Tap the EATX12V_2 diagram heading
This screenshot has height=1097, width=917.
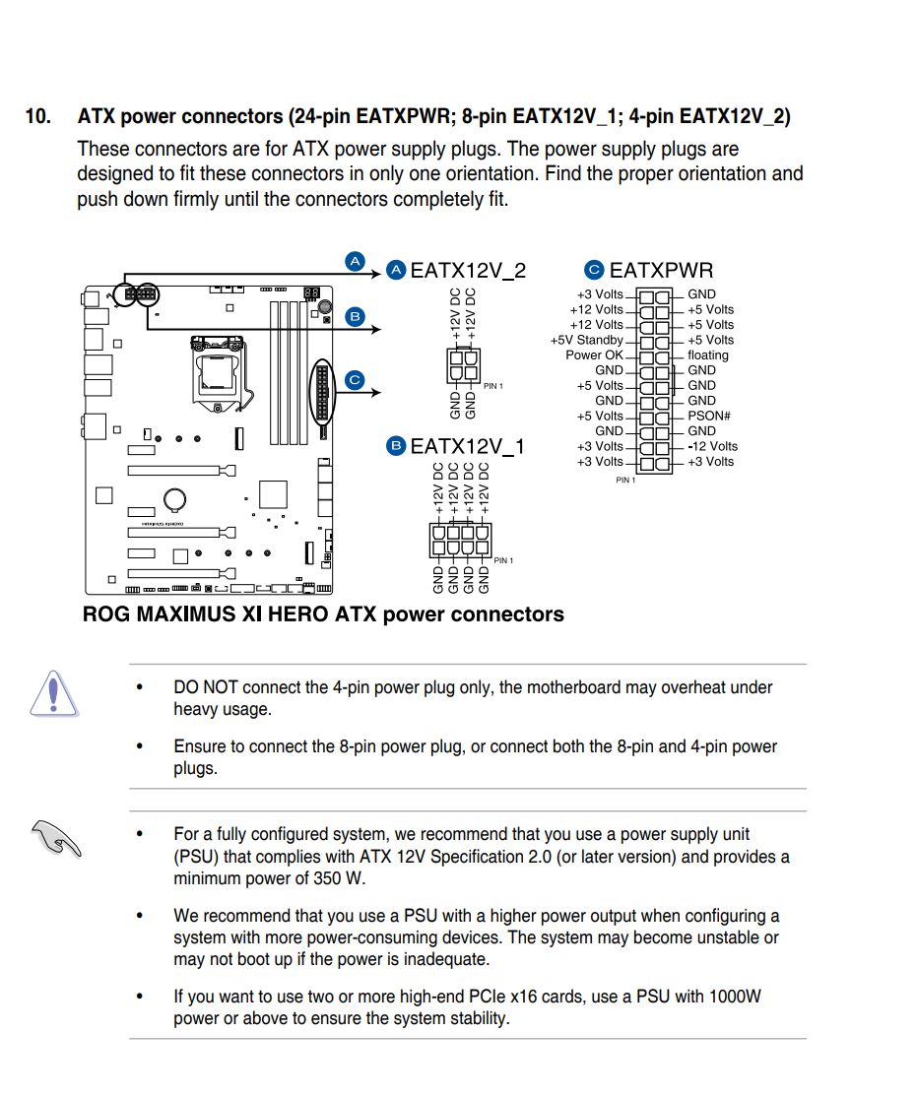point(467,271)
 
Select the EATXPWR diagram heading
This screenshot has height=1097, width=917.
point(661,271)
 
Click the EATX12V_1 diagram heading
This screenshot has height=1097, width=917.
point(467,447)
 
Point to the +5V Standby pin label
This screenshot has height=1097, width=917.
point(587,341)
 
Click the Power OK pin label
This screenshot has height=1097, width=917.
point(594,355)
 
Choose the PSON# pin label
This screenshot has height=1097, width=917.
point(708,417)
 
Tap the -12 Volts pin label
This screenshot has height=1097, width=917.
point(712,446)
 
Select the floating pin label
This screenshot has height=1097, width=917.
point(708,355)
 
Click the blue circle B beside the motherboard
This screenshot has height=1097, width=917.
point(355,316)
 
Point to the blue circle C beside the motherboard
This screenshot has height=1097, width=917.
point(355,379)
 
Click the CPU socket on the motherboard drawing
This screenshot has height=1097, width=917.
point(218,375)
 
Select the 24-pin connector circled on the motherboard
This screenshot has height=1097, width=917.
point(322,391)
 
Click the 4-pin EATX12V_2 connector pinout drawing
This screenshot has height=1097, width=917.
point(463,366)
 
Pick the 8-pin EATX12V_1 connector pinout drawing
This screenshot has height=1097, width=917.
point(460,543)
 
